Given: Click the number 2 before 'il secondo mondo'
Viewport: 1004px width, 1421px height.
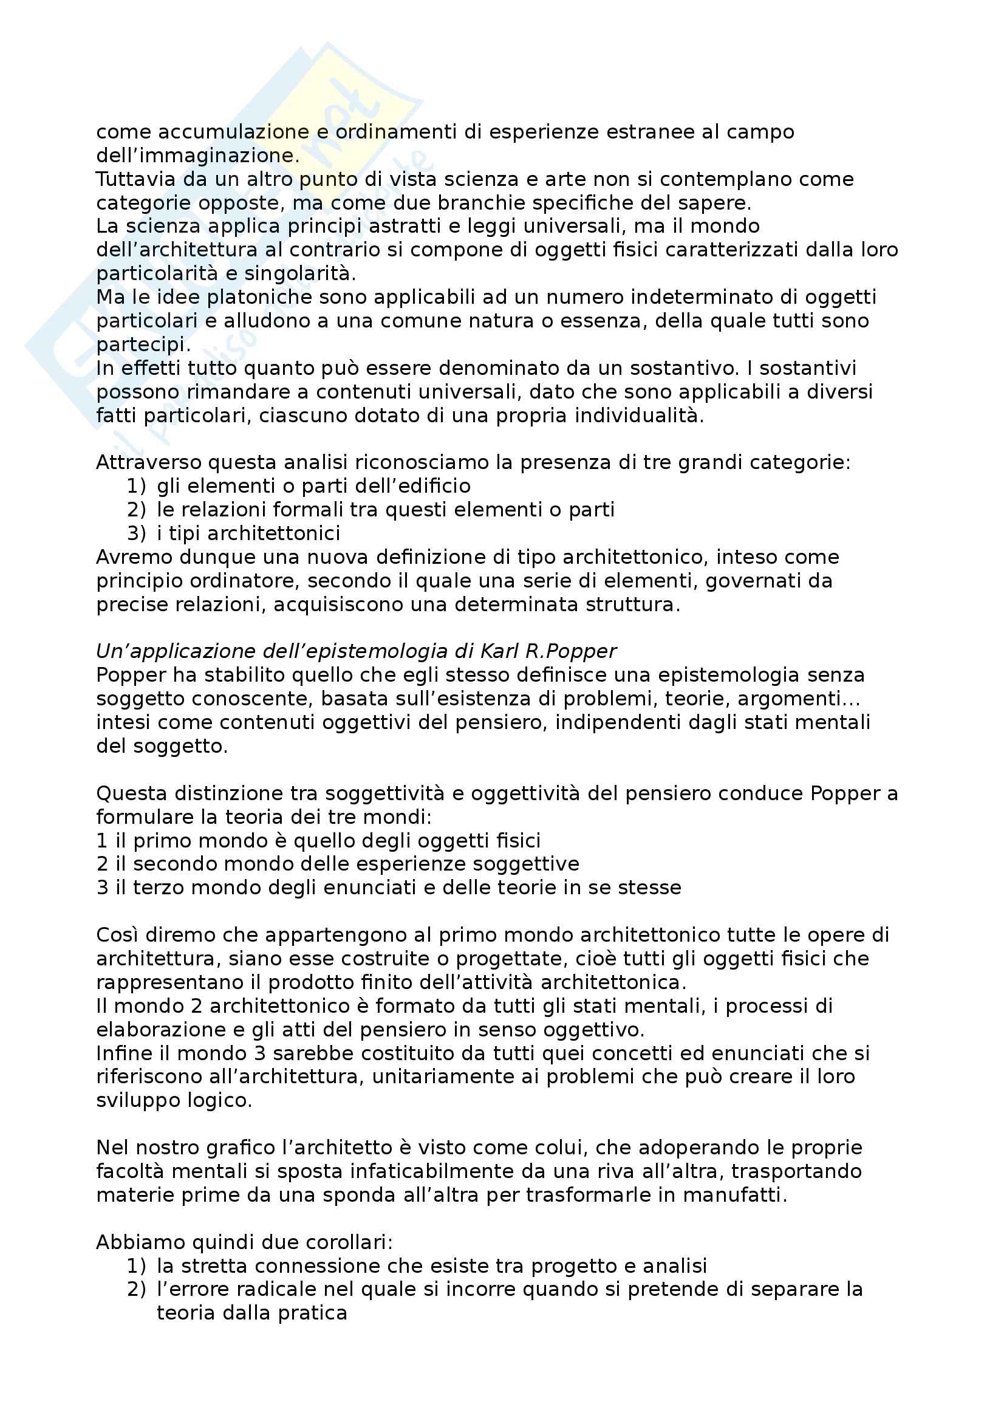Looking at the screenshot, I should pos(102,864).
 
